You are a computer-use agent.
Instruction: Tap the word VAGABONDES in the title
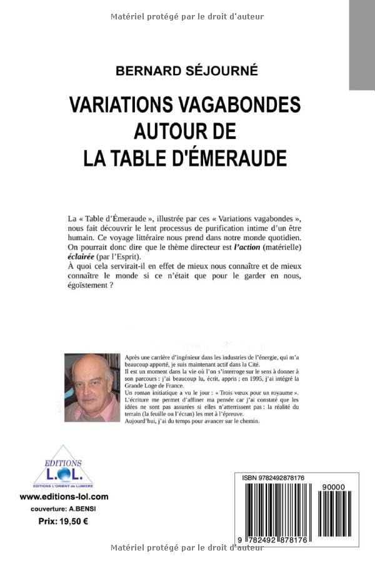[x=242, y=104]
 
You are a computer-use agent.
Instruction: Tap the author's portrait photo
[x=92, y=387]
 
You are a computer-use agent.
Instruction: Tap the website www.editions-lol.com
[x=64, y=497]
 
